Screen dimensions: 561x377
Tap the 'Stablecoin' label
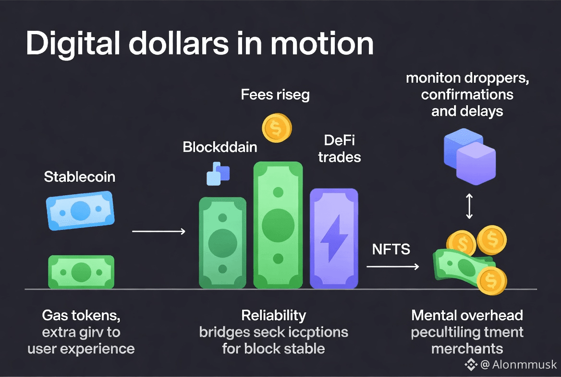coord(80,177)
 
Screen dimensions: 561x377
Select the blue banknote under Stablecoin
coord(80,211)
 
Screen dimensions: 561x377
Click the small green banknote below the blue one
coord(81,272)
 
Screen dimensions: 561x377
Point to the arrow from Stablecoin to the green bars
coord(159,232)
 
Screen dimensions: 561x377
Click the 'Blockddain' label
coord(220,147)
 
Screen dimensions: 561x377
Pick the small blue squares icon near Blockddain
coord(218,174)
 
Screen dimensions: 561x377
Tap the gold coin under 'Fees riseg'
coord(277,128)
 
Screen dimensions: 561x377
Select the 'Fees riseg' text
coord(275,95)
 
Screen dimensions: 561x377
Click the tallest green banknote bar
coord(278,225)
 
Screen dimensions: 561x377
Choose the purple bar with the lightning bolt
coord(334,238)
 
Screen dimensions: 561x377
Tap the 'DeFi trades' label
coord(339,149)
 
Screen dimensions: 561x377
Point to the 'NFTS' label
coord(391,249)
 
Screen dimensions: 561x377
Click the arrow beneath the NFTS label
coord(392,265)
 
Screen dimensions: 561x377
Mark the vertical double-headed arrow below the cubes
coord(469,207)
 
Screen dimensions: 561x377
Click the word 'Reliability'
coord(273,315)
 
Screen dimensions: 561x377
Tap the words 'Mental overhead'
coord(467,316)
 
